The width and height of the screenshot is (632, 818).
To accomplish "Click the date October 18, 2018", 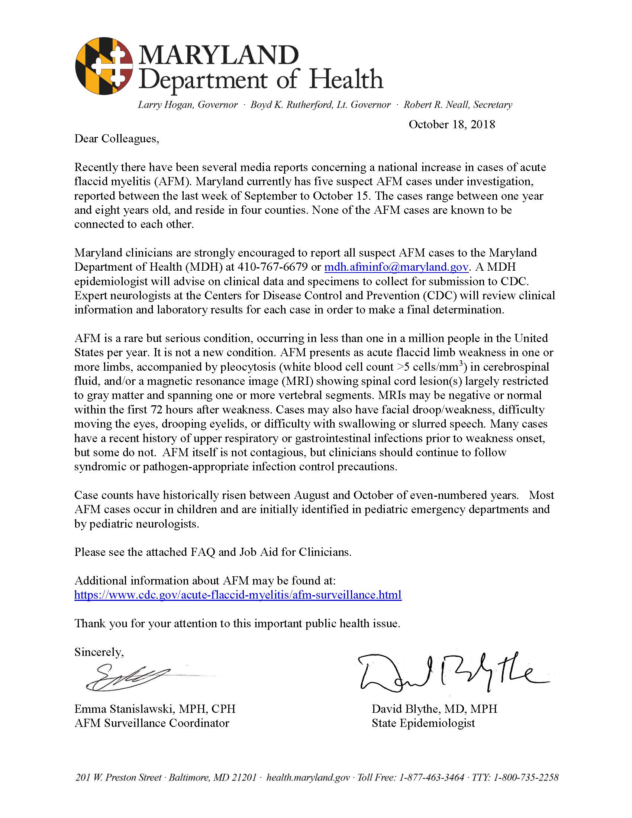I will click(452, 124).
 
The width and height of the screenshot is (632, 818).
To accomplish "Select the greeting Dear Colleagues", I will click(116, 139).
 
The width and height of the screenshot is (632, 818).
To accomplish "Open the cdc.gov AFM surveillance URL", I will click(238, 595).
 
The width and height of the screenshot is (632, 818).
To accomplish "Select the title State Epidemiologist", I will click(423, 723).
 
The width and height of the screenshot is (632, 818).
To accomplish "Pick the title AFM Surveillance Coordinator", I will click(152, 723).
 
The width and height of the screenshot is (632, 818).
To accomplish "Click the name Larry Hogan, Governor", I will click(188, 105).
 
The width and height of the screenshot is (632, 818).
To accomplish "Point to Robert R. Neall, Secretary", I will click(458, 105).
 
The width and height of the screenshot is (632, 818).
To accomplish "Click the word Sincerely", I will click(99, 652).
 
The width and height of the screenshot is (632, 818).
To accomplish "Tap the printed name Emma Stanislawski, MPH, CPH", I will click(155, 709).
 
